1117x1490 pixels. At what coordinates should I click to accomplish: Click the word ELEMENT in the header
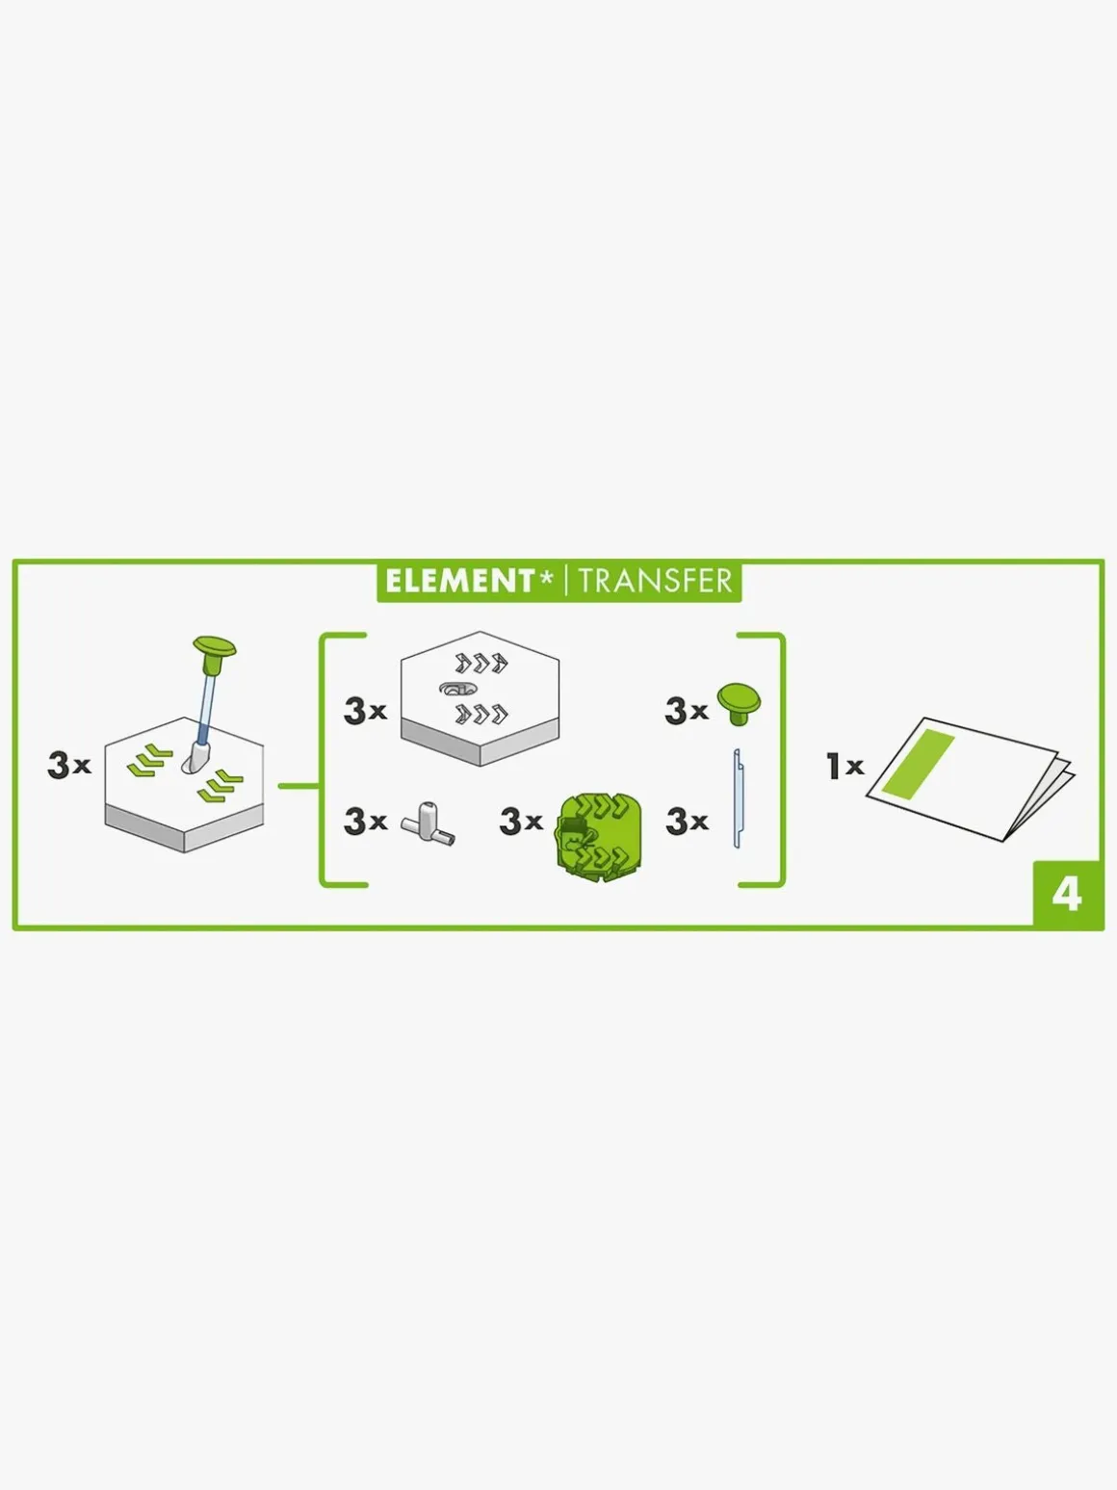click(x=459, y=582)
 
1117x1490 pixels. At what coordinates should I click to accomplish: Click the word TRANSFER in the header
click(x=655, y=582)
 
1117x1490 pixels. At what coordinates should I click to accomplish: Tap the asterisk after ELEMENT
click(x=546, y=578)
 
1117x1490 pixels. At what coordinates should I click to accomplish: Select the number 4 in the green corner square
click(x=1066, y=896)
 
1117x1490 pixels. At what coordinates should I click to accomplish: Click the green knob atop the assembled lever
click(x=215, y=647)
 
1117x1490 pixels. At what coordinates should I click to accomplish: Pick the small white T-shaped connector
click(x=429, y=823)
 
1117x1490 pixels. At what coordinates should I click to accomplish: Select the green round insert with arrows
click(x=598, y=838)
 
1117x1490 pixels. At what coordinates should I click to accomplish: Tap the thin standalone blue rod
click(x=738, y=799)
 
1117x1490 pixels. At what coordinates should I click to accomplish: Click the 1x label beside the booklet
click(x=844, y=766)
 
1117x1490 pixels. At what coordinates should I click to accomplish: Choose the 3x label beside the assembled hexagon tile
click(x=69, y=765)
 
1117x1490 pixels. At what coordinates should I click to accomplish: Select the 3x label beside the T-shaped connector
click(x=365, y=822)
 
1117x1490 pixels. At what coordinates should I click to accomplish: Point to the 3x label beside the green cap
click(x=686, y=711)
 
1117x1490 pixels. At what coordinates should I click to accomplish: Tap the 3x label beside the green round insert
click(x=521, y=822)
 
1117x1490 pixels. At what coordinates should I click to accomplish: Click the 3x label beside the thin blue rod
click(x=687, y=822)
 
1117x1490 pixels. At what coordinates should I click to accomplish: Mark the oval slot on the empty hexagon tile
click(x=458, y=689)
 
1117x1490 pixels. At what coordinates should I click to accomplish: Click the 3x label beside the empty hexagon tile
click(x=365, y=711)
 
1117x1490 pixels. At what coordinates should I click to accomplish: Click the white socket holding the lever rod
click(x=196, y=758)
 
